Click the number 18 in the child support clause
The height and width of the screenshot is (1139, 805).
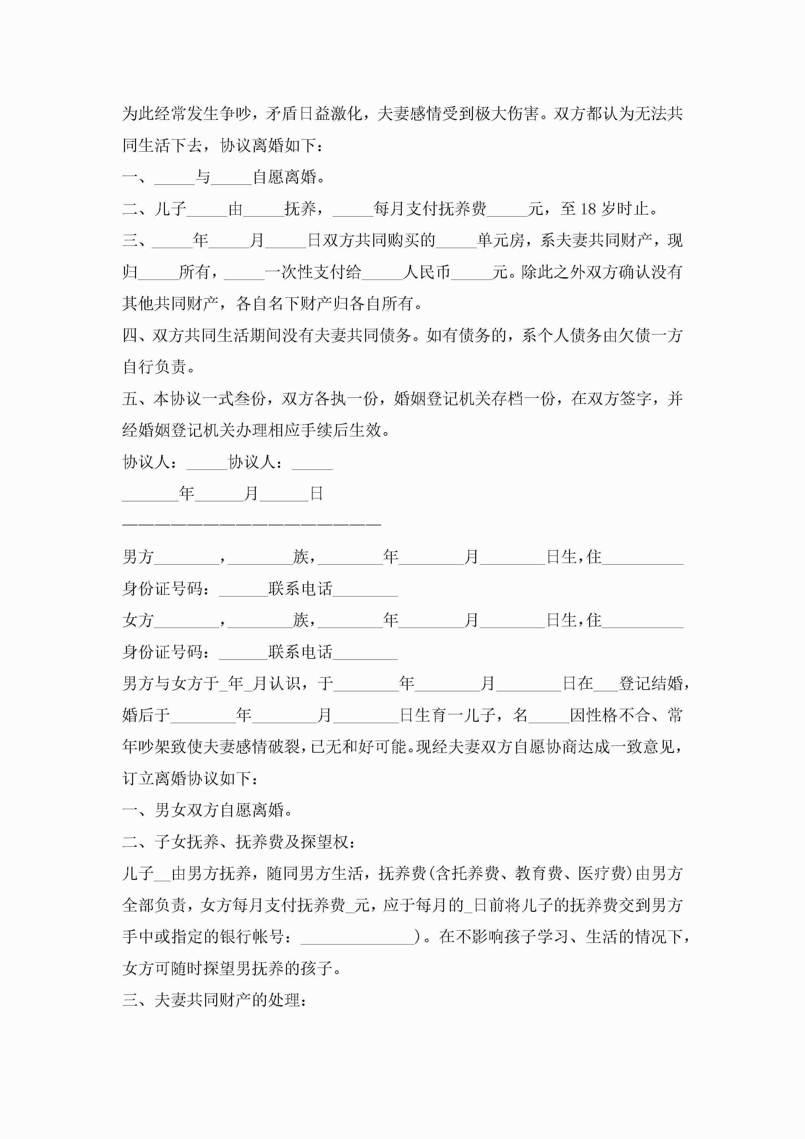pyautogui.click(x=588, y=209)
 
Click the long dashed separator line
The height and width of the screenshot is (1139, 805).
pyautogui.click(x=252, y=524)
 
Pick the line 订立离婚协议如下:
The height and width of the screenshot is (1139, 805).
pyautogui.click(x=190, y=778)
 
